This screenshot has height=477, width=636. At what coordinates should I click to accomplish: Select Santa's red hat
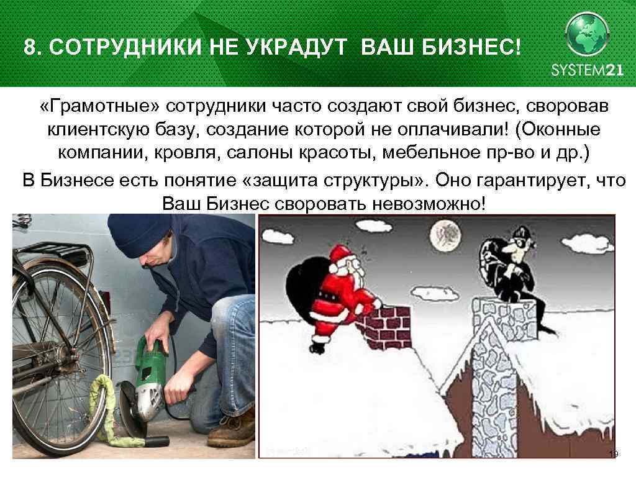340,253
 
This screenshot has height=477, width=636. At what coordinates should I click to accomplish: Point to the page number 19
613,455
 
